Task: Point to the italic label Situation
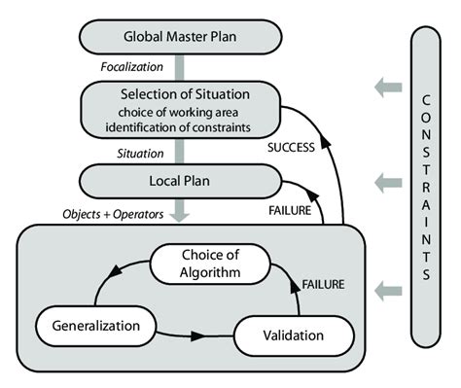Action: point(132,154)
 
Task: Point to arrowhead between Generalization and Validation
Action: point(197,335)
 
